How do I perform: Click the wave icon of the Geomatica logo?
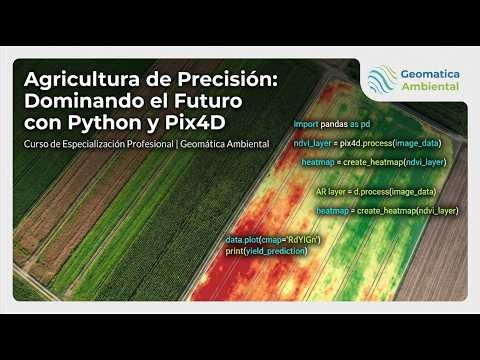pos(381,79)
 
